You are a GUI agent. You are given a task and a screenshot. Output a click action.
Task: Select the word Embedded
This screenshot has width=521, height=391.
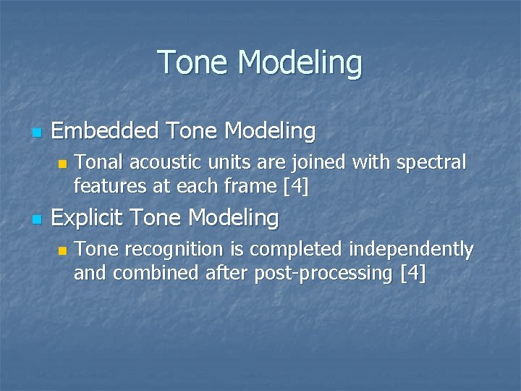click(106, 131)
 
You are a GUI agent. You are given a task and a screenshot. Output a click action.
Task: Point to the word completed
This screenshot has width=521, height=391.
click(293, 250)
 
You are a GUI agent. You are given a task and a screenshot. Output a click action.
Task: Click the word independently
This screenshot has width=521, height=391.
click(411, 250)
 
